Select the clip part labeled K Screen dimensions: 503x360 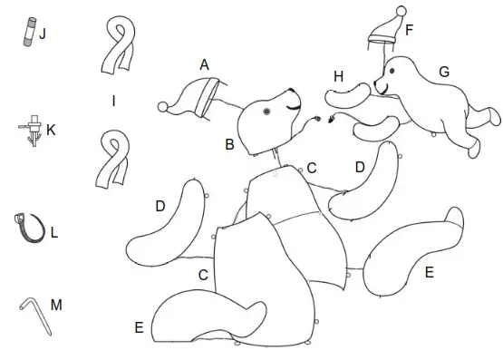(33, 131)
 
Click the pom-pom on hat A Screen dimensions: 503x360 (163, 107)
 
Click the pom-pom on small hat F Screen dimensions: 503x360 (401, 11)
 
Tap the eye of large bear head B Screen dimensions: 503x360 (266, 112)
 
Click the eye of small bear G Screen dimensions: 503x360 (392, 71)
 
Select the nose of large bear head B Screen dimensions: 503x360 (292, 90)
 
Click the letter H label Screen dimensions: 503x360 (338, 77)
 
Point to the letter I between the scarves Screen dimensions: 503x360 (113, 102)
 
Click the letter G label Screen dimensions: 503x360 (444, 72)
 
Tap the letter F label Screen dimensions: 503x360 (409, 30)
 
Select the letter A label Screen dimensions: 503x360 (204, 64)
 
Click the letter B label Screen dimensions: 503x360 (229, 144)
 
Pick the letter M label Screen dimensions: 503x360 (56, 305)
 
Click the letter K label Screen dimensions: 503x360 (51, 131)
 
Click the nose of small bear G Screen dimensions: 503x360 (375, 83)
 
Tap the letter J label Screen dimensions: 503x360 (43, 34)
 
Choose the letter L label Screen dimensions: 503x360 (54, 233)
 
